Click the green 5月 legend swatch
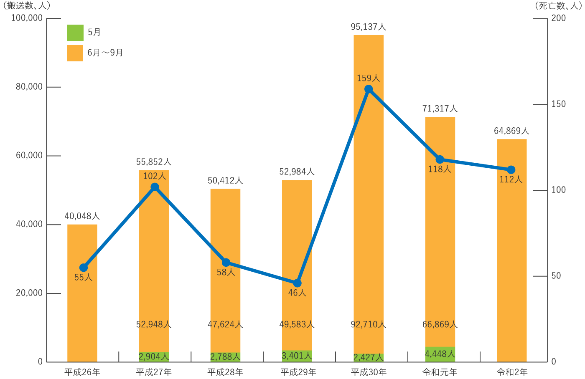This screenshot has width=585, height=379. point(75,33)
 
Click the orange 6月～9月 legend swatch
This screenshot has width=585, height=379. point(75,53)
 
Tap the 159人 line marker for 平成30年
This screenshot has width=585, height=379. point(369,89)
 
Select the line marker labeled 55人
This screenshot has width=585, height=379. point(83,268)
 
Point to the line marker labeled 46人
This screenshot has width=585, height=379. point(297,283)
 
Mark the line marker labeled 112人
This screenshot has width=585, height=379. point(511,170)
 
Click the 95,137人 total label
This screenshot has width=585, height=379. point(368,27)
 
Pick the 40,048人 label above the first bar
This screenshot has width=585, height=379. point(82,216)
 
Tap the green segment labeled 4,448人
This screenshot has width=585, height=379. point(440,354)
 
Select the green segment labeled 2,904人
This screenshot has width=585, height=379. point(154,356)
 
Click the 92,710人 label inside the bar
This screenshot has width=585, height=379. point(368,324)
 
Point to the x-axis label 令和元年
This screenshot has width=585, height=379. point(440,372)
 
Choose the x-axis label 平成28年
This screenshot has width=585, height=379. point(225,372)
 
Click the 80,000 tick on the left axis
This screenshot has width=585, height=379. point(29,87)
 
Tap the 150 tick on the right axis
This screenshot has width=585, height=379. point(558,104)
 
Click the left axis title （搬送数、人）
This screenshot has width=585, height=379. point(26,5)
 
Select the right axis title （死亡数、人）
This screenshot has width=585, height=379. point(557,5)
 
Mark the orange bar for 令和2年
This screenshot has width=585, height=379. point(511,250)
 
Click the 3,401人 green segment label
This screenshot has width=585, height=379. point(297,356)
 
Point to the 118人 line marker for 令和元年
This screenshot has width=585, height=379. point(440,159)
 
